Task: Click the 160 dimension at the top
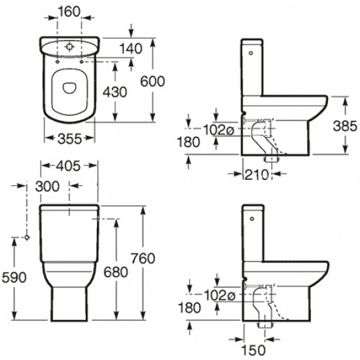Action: [69, 12]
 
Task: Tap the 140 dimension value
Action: [131, 49]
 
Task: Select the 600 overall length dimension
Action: [153, 82]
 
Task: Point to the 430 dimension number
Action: [115, 92]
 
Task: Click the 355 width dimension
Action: [69, 139]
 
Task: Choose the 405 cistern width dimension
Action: [69, 166]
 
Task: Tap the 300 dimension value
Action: [47, 186]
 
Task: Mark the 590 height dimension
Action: [14, 278]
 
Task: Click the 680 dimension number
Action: [116, 272]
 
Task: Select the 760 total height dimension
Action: [143, 258]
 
